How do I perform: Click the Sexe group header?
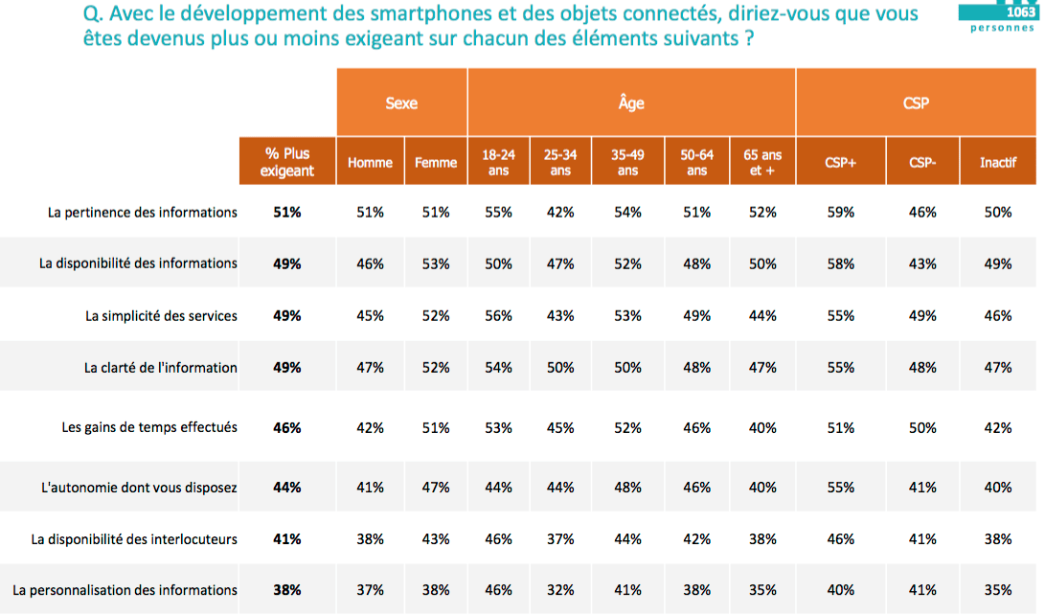(401, 102)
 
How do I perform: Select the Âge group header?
(631, 102)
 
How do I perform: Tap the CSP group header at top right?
(916, 102)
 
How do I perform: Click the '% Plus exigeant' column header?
(287, 162)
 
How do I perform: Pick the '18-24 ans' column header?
(499, 162)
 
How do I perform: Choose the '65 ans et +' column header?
(763, 162)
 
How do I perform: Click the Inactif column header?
(998, 163)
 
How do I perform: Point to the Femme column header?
(436, 163)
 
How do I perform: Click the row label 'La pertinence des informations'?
(143, 212)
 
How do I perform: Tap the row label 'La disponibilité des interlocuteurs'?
(134, 539)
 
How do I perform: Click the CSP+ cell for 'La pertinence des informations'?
(840, 212)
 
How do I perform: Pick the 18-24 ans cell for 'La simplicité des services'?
(499, 315)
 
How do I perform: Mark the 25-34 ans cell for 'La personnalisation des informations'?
(559, 590)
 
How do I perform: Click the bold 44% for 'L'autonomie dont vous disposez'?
(287, 487)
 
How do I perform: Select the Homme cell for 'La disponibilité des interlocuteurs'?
(370, 539)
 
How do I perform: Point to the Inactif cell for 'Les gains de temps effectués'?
(998, 427)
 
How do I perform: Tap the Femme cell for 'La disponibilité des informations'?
(436, 263)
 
